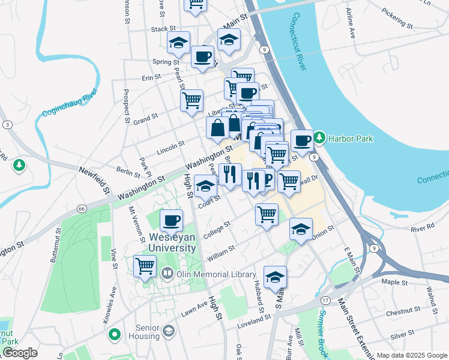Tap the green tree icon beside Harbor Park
(320, 139)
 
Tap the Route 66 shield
(82, 208)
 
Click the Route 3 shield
(7, 124)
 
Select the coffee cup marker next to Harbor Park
(303, 140)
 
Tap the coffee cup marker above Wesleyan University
(172, 220)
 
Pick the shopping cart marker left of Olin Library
(145, 265)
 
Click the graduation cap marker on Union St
(301, 229)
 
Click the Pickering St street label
(397, 19)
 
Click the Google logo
(19, 353)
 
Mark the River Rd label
(423, 227)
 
